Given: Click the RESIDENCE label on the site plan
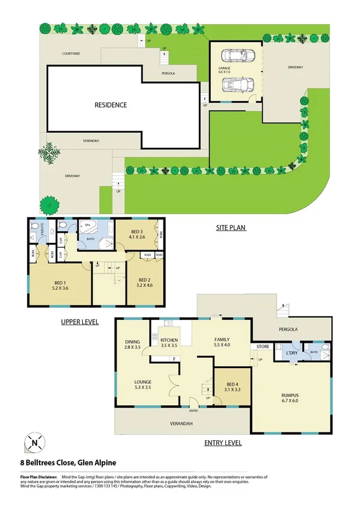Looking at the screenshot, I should pyautogui.click(x=111, y=105).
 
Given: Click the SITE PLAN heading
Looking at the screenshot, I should pyautogui.click(x=231, y=229).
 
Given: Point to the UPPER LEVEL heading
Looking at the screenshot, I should pyautogui.click(x=79, y=322).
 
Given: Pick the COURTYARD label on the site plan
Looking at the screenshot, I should pyautogui.click(x=71, y=54).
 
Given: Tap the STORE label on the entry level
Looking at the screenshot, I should pyautogui.click(x=263, y=346).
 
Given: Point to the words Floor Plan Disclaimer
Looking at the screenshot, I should pyautogui.click(x=39, y=476).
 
